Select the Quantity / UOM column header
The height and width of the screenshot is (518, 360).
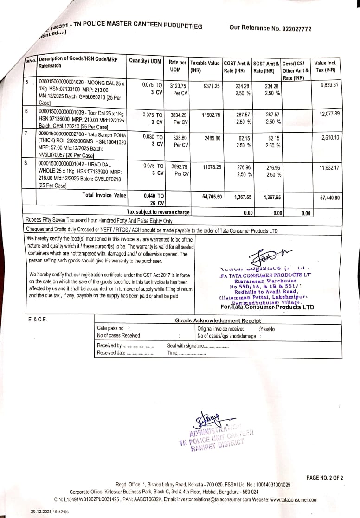145,61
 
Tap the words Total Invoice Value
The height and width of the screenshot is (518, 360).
104,195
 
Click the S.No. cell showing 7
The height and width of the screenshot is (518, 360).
27,133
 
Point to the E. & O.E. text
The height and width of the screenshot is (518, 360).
38,320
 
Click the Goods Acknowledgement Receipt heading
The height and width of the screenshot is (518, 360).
218,320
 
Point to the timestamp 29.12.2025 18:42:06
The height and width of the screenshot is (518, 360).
50,512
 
